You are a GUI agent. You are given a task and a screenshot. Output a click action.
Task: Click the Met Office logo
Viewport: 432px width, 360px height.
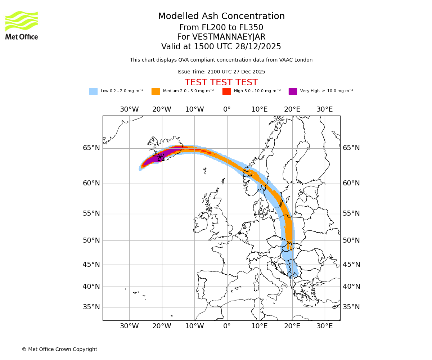22,25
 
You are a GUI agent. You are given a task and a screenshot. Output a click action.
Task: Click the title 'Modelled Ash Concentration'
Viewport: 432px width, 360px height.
221,16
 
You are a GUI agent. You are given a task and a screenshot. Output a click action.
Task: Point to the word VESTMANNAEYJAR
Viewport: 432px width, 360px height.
229,37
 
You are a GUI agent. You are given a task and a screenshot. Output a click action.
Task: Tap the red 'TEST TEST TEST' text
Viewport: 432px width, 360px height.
221,82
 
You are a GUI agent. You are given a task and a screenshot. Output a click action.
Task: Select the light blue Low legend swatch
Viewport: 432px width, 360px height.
93,91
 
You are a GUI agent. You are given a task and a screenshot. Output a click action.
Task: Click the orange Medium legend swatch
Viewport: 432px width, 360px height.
156,91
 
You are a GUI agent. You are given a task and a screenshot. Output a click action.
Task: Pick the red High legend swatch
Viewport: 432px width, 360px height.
226,91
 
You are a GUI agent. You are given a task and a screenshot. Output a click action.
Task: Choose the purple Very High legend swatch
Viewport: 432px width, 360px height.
293,91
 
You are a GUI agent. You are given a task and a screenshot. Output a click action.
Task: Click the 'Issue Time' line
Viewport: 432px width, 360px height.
221,72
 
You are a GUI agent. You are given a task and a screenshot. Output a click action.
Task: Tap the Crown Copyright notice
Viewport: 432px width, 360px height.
59,349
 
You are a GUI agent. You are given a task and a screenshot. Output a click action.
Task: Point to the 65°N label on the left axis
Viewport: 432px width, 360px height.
91,148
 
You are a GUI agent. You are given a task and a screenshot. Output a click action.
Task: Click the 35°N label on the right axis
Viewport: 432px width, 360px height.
351,307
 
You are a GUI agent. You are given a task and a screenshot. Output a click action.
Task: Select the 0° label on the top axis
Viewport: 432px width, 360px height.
227,109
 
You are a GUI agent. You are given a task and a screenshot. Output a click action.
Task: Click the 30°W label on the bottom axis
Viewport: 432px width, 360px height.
129,326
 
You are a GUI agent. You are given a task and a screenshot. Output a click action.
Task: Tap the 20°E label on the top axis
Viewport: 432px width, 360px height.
292,109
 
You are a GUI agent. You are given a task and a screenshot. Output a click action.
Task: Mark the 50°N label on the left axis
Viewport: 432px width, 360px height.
91,240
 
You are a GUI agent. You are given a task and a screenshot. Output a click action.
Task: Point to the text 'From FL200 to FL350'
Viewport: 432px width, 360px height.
221,28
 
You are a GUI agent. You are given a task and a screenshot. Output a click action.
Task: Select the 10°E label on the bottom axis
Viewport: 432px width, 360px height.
259,326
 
